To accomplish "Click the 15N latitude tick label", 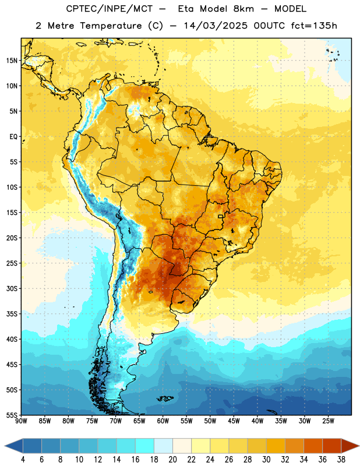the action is (x=12, y=61).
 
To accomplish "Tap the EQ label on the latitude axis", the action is (x=13, y=137).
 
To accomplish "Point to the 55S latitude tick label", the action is (x=12, y=415).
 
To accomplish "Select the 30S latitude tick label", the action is (x=12, y=288).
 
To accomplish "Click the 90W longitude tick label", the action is (x=22, y=421).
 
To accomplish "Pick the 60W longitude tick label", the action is (x=163, y=421).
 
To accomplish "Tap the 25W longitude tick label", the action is (x=328, y=421).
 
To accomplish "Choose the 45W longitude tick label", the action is (x=234, y=421).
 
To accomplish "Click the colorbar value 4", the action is (x=23, y=460).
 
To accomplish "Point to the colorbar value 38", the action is (x=341, y=460).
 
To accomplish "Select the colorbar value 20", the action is (x=172, y=460).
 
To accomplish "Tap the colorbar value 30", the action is (x=266, y=460).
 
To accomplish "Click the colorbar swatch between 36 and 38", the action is (x=332, y=446).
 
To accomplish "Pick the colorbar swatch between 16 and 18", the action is (x=145, y=446).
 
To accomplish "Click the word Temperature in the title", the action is (x=111, y=26).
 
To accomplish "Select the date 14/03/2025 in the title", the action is (x=216, y=26).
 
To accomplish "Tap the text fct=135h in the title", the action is (x=314, y=26).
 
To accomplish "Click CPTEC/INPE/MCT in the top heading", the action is (x=109, y=9).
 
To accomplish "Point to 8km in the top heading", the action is (x=243, y=9).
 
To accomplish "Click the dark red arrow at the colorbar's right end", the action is (x=350, y=446).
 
